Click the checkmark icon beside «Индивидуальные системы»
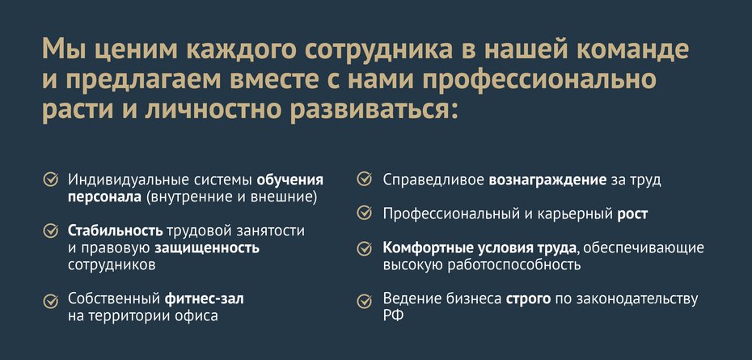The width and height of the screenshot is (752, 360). click(x=50, y=180)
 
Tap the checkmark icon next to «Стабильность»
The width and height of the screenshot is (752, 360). click(x=50, y=231)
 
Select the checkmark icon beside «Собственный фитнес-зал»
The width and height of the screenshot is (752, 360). click(x=50, y=299)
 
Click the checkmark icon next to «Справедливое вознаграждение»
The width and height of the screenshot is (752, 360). click(x=365, y=180)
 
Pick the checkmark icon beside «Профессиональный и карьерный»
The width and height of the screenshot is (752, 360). click(x=365, y=214)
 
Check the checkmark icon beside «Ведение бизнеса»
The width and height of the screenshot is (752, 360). click(x=365, y=300)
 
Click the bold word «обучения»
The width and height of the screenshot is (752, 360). click(x=289, y=180)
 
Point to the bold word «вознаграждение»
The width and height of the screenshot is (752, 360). click(x=547, y=180)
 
